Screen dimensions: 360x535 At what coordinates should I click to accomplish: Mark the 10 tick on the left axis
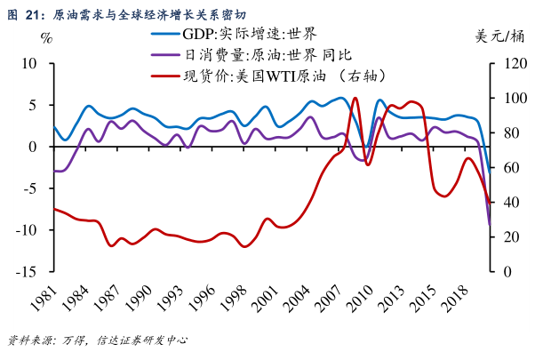[x=28, y=64]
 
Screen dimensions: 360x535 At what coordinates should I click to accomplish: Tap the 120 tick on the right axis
[x=507, y=64]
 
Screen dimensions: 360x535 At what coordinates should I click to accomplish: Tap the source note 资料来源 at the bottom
[x=98, y=340]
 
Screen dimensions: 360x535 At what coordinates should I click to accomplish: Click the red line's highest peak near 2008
[x=355, y=99]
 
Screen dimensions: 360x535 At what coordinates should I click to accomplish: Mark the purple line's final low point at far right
[x=489, y=227]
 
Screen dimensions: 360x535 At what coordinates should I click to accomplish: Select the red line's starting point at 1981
[x=54, y=209]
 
